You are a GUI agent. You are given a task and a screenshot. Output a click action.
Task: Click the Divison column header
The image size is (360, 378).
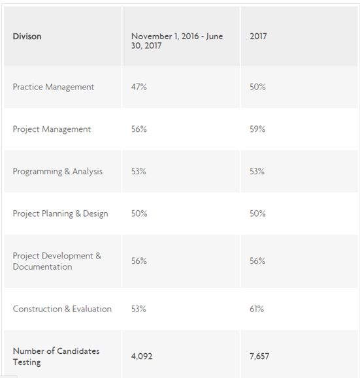coord(27,37)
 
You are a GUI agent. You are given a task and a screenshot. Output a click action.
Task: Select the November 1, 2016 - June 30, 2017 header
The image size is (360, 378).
coord(177,40)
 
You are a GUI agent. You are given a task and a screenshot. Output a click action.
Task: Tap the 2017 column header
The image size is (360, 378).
coord(258,37)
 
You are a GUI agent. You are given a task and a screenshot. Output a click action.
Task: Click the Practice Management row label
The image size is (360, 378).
coord(54,87)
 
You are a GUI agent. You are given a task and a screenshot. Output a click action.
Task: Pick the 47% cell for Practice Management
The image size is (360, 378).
coord(139,87)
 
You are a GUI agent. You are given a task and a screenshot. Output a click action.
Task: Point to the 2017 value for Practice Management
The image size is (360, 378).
coord(257,87)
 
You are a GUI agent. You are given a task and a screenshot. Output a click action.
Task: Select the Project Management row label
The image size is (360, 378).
coord(52,129)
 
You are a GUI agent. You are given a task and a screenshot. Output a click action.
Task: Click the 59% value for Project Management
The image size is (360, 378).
coord(257,129)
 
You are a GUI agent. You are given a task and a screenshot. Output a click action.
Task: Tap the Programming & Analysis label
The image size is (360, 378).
coord(57,172)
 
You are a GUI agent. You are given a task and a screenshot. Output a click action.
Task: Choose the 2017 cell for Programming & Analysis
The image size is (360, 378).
coord(257,172)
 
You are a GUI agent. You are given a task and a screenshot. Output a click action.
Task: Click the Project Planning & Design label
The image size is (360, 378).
coord(60,214)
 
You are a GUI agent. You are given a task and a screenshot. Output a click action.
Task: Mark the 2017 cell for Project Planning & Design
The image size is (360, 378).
coord(257,213)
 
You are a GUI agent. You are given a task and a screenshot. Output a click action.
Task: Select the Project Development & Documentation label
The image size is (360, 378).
coord(57,261)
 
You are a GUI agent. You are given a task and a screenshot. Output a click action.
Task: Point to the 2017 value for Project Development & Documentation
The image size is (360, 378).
coord(257,261)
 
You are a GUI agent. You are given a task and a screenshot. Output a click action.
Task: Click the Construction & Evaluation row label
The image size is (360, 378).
coord(62,309)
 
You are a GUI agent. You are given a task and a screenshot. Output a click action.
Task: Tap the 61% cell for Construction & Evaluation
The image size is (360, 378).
coord(257,309)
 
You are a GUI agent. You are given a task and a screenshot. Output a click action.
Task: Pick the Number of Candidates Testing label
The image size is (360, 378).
coord(56,356)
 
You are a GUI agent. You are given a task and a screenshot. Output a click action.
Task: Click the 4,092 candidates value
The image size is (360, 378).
coord(142,356)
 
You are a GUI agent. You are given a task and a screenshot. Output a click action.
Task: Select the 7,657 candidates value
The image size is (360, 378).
coord(259,356)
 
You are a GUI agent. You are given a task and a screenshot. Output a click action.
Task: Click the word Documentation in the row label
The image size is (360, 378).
coord(42,266)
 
